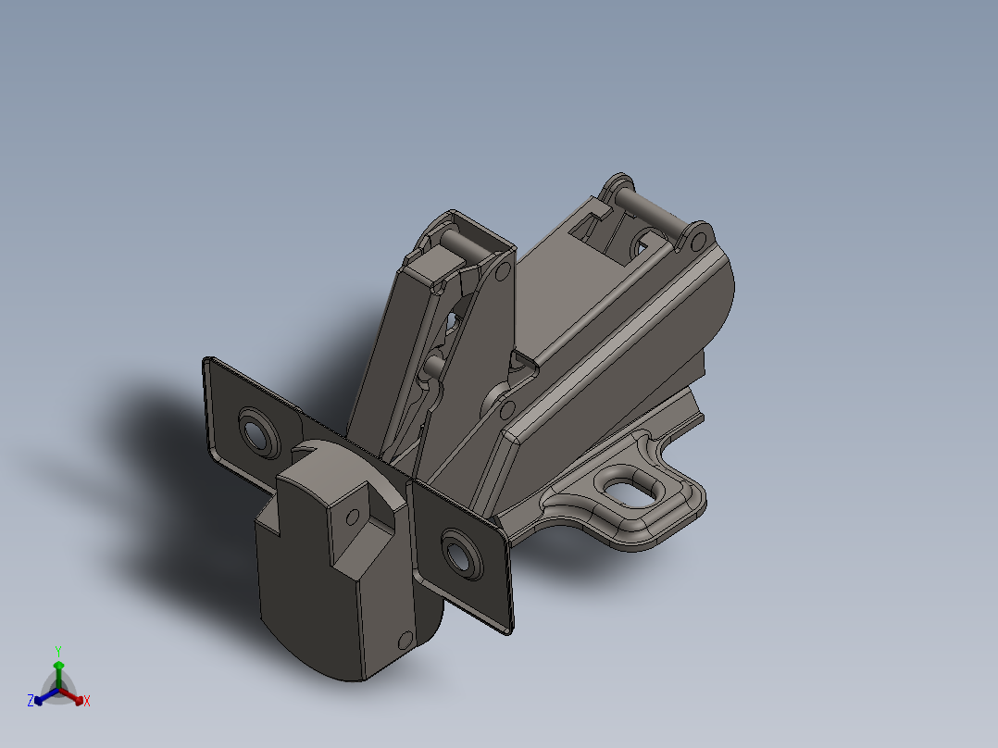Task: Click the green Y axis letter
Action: click(x=57, y=650)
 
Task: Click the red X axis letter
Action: click(x=87, y=702)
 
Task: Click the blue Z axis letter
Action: click(x=30, y=702)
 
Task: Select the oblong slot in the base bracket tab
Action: click(x=633, y=489)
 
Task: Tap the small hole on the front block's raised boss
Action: click(x=352, y=517)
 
